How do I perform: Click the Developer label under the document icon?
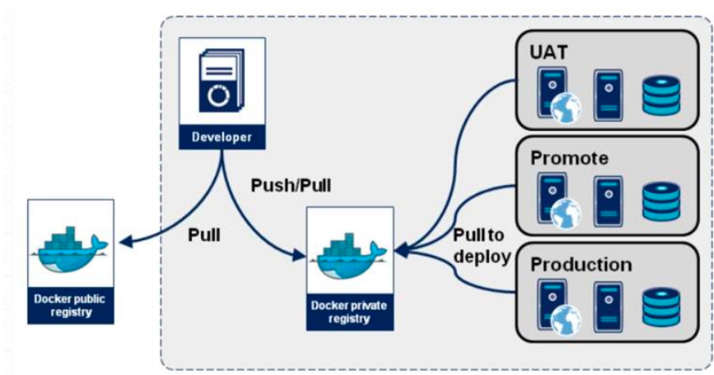pos(222,137)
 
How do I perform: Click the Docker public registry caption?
pos(70,305)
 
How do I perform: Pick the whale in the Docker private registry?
pos(348,253)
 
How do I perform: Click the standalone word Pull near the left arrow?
pos(204,234)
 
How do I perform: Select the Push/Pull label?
pos(291,184)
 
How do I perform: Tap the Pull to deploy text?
pos(481,246)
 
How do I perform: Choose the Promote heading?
pos(569,158)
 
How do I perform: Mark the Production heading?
pos(580,265)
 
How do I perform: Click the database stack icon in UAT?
pos(661,95)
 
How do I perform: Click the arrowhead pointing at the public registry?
pos(125,241)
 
